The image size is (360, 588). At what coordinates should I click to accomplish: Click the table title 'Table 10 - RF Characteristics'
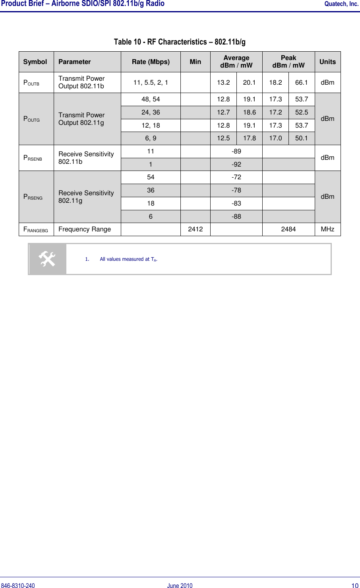[x=180, y=42]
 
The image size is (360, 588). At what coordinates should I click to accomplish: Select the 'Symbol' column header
[x=35, y=62]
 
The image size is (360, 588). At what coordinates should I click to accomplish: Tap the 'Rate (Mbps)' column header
[x=151, y=62]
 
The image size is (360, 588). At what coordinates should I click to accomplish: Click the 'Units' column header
[x=327, y=62]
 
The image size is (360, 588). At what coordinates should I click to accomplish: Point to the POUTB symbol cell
[x=31, y=83]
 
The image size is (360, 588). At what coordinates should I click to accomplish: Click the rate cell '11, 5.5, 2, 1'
[x=151, y=82]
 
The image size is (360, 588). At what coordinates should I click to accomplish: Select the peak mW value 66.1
[x=302, y=82]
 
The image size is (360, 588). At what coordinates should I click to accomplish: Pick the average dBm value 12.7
[x=223, y=112]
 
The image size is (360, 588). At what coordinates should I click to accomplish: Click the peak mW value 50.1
[x=302, y=138]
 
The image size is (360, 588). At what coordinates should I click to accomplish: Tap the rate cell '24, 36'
[x=151, y=112]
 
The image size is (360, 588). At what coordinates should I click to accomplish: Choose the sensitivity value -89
[x=236, y=151]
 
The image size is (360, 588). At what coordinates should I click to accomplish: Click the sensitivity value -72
[x=236, y=177]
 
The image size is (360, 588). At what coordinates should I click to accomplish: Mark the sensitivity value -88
[x=236, y=216]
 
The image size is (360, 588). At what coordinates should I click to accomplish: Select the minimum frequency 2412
[x=195, y=229]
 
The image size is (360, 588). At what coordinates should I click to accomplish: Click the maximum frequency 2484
[x=288, y=229]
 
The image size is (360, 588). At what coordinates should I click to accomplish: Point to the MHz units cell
[x=327, y=229]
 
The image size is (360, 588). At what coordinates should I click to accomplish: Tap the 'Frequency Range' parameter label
[x=85, y=229]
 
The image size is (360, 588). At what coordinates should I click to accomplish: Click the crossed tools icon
[x=47, y=259]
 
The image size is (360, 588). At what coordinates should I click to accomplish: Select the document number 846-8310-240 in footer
[x=18, y=585]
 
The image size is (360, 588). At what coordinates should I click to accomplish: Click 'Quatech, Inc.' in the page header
[x=341, y=4]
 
